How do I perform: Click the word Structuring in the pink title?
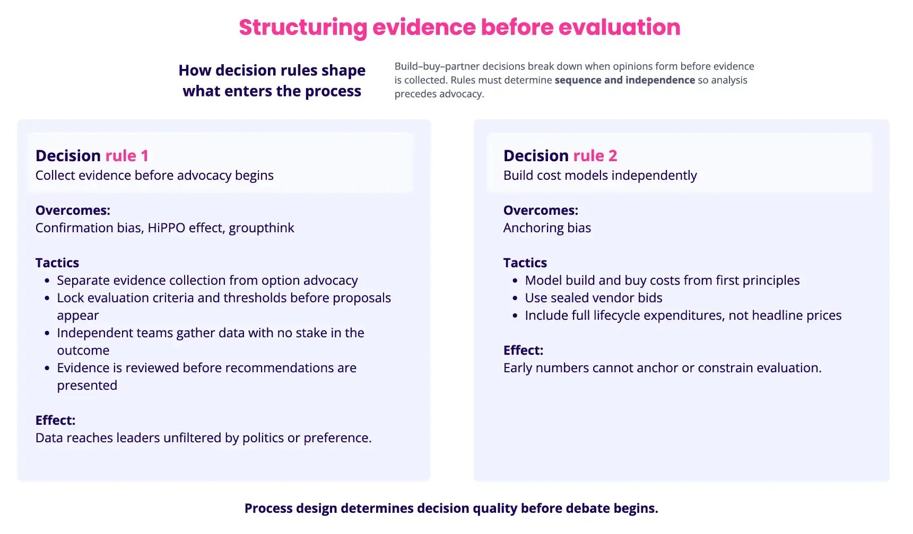pyautogui.click(x=302, y=28)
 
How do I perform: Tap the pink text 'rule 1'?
pyautogui.click(x=127, y=156)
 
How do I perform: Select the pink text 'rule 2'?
pyautogui.click(x=595, y=156)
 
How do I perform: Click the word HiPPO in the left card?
pyautogui.click(x=166, y=228)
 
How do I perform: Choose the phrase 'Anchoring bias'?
pyautogui.click(x=547, y=228)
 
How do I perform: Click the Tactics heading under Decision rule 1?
pyautogui.click(x=57, y=263)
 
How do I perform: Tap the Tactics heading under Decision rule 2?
pyautogui.click(x=525, y=263)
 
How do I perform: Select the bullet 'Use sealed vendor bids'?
pyautogui.click(x=594, y=298)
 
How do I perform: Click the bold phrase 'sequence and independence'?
pyautogui.click(x=624, y=80)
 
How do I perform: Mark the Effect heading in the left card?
pyautogui.click(x=55, y=421)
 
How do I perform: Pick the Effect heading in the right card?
pyautogui.click(x=523, y=351)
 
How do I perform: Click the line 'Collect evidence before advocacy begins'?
pyautogui.click(x=154, y=176)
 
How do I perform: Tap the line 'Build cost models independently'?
pyautogui.click(x=600, y=176)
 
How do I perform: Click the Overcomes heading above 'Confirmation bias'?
pyautogui.click(x=73, y=211)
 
